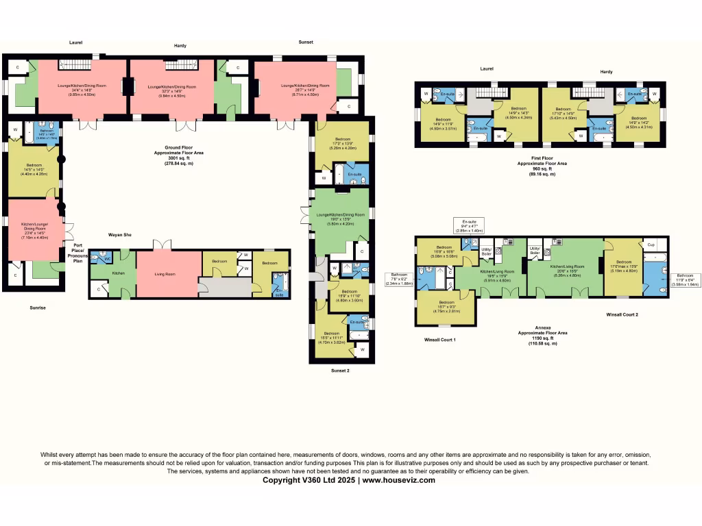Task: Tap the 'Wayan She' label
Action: (119, 234)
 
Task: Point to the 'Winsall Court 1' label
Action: (439, 339)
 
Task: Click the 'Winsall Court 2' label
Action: (622, 315)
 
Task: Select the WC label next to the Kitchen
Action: (107, 258)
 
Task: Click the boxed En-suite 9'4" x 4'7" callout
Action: (469, 226)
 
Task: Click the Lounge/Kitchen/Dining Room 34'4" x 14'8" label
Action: (82, 89)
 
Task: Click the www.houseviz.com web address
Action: (398, 480)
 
